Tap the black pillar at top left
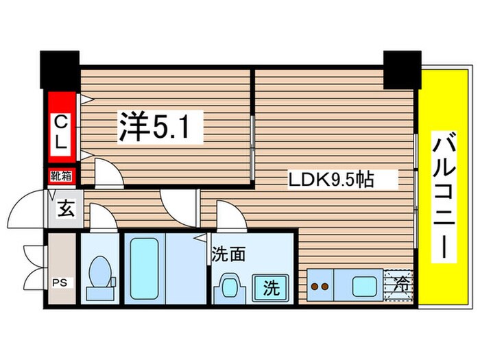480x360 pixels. (60, 70)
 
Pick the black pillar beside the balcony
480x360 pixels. (402, 70)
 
